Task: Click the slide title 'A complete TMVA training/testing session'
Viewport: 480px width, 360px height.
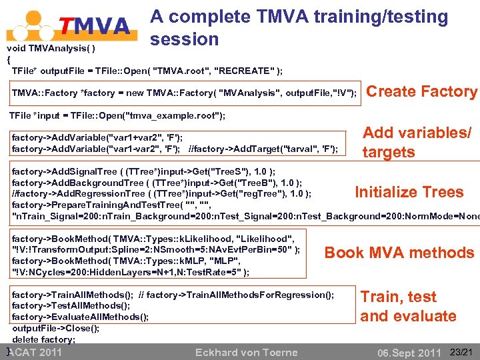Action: tap(299, 27)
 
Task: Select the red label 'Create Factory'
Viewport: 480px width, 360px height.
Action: tap(422, 91)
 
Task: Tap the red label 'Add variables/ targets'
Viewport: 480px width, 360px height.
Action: tap(416, 143)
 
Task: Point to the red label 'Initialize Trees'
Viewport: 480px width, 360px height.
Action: tap(409, 192)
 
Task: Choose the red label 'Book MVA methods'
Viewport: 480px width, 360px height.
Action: tap(399, 253)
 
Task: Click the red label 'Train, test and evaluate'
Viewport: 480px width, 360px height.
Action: tap(408, 306)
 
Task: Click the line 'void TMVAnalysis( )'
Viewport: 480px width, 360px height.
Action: tap(51, 49)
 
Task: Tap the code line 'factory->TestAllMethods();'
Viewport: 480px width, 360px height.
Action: tap(71, 306)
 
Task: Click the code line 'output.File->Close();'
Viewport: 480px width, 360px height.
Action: tap(55, 328)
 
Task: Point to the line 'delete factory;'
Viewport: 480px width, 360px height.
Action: tap(43, 339)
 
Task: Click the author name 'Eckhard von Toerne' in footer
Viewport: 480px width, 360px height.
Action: tap(246, 352)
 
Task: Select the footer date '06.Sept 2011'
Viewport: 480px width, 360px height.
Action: tap(409, 353)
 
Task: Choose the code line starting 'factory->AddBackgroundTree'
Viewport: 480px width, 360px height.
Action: tap(157, 183)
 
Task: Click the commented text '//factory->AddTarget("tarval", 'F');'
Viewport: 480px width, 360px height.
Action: tap(263, 148)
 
